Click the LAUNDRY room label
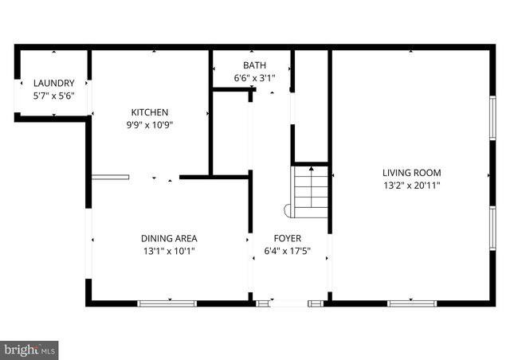53,83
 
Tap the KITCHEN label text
150,112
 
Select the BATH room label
255,65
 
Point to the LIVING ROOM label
411,173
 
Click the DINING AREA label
169,238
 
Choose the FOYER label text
288,238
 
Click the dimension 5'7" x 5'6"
53,96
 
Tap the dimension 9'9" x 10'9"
150,124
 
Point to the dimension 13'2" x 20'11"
411,185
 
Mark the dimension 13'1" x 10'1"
169,251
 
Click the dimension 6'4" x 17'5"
288,251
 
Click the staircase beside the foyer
312,190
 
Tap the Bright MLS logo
30,349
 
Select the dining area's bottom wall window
167,303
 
